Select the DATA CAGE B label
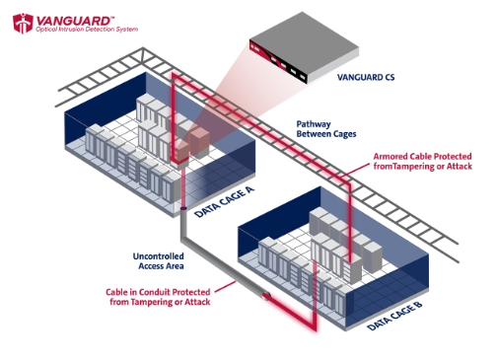pos(397,313)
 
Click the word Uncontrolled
pos(161,255)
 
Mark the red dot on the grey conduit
pos(265,295)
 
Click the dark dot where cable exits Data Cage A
pos(184,208)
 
